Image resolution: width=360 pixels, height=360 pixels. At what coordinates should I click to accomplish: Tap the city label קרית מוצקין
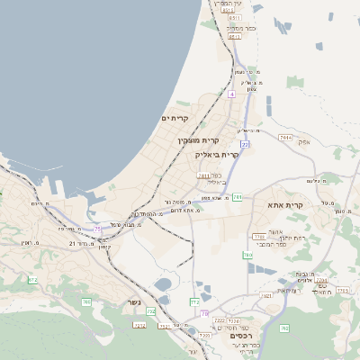(198, 140)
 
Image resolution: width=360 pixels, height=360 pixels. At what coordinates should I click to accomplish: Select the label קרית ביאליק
(217, 154)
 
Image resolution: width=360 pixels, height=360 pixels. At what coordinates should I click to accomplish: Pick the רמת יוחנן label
(271, 236)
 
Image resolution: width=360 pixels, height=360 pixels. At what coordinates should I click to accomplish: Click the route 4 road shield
(231, 94)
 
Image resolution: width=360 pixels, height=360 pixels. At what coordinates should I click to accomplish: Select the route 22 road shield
(244, 143)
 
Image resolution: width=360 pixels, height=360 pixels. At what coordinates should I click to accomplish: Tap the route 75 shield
(97, 229)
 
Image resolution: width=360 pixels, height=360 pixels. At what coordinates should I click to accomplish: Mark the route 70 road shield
(205, 313)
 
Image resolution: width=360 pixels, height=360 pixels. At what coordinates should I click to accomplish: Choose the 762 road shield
(87, 301)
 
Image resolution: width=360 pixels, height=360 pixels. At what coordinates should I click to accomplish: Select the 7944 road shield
(285, 137)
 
